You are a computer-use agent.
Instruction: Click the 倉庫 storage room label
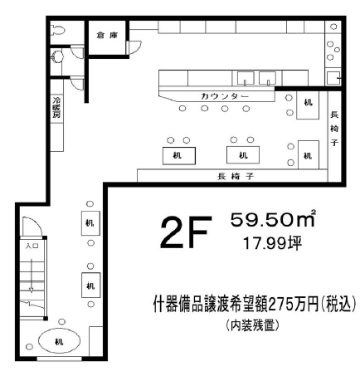tap(107, 36)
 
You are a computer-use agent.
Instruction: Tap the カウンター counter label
tap(225, 96)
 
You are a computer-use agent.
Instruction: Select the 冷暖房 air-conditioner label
tap(57, 107)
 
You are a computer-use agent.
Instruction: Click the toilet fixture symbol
tap(58, 30)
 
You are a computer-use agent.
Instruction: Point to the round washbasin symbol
tap(57, 56)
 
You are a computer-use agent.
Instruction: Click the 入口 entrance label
tap(32, 246)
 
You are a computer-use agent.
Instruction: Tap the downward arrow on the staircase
tap(32, 276)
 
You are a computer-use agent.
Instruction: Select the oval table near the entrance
tap(59, 340)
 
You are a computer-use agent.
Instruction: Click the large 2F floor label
tap(186, 232)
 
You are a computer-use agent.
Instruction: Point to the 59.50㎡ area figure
tap(273, 219)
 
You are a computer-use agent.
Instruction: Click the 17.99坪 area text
tap(272, 243)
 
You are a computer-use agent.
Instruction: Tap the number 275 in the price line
tap(279, 305)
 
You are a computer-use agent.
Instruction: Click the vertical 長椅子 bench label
tap(334, 129)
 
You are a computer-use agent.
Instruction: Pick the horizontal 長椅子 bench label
tap(236, 176)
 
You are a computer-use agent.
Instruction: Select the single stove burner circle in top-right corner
tap(333, 27)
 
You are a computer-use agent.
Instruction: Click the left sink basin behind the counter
tap(246, 78)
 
